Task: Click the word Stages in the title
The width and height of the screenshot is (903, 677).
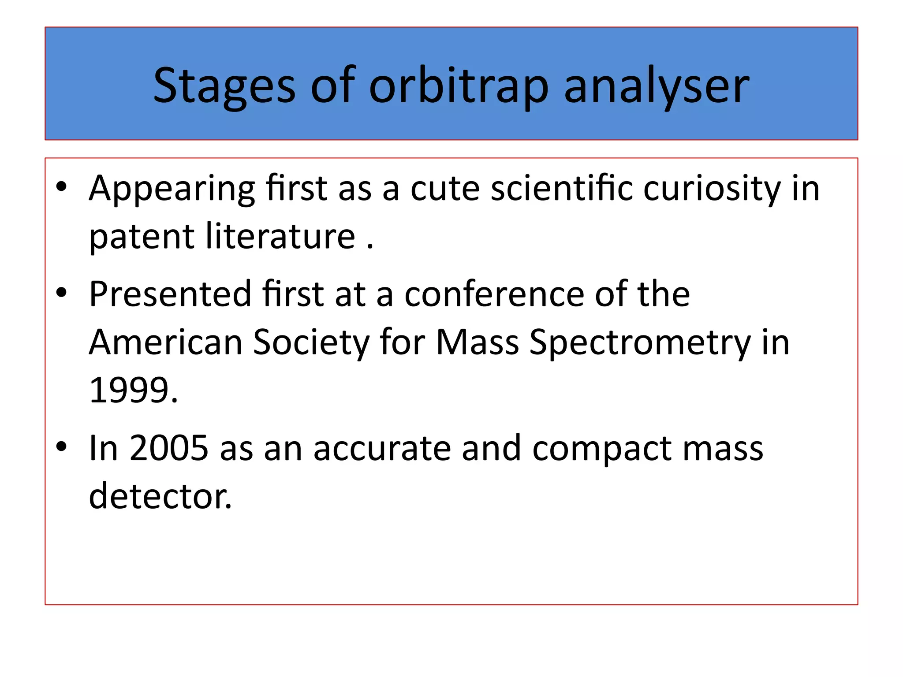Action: click(224, 86)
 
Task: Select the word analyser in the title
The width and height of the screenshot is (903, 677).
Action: click(657, 86)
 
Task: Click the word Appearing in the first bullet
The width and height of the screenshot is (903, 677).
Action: click(172, 189)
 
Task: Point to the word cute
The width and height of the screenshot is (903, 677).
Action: click(445, 189)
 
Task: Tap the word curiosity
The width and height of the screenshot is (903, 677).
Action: click(711, 189)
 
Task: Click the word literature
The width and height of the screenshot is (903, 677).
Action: click(280, 236)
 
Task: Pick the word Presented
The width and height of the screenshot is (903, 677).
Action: click(170, 294)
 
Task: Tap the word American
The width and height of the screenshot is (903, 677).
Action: click(166, 342)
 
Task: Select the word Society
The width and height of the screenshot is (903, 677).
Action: click(311, 342)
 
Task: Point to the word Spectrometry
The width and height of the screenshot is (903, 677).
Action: click(640, 342)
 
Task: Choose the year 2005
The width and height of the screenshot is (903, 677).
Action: click(169, 448)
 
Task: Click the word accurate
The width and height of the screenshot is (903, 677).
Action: click(382, 448)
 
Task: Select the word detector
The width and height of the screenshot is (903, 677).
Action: click(160, 496)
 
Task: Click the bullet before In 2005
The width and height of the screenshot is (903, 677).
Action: click(61, 446)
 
